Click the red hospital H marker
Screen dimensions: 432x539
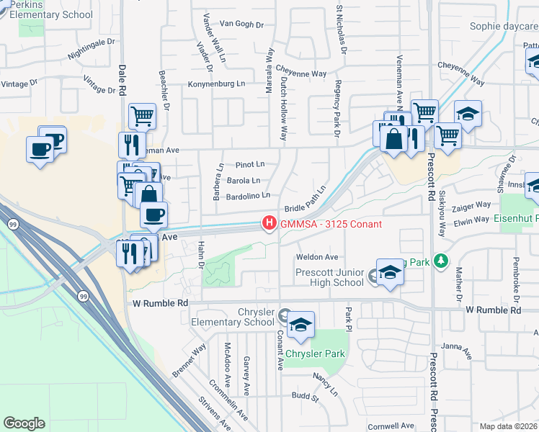[x=269, y=224]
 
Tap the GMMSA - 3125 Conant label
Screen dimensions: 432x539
[x=330, y=224]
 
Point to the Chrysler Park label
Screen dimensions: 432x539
[x=314, y=354]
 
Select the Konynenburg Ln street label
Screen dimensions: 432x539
[x=216, y=84]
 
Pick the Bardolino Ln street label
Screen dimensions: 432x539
[x=248, y=195]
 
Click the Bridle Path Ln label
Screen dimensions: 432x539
[x=306, y=198]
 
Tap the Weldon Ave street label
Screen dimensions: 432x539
[x=316, y=257]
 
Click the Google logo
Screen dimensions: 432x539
[x=24, y=423]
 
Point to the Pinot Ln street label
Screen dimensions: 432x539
[x=250, y=164]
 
